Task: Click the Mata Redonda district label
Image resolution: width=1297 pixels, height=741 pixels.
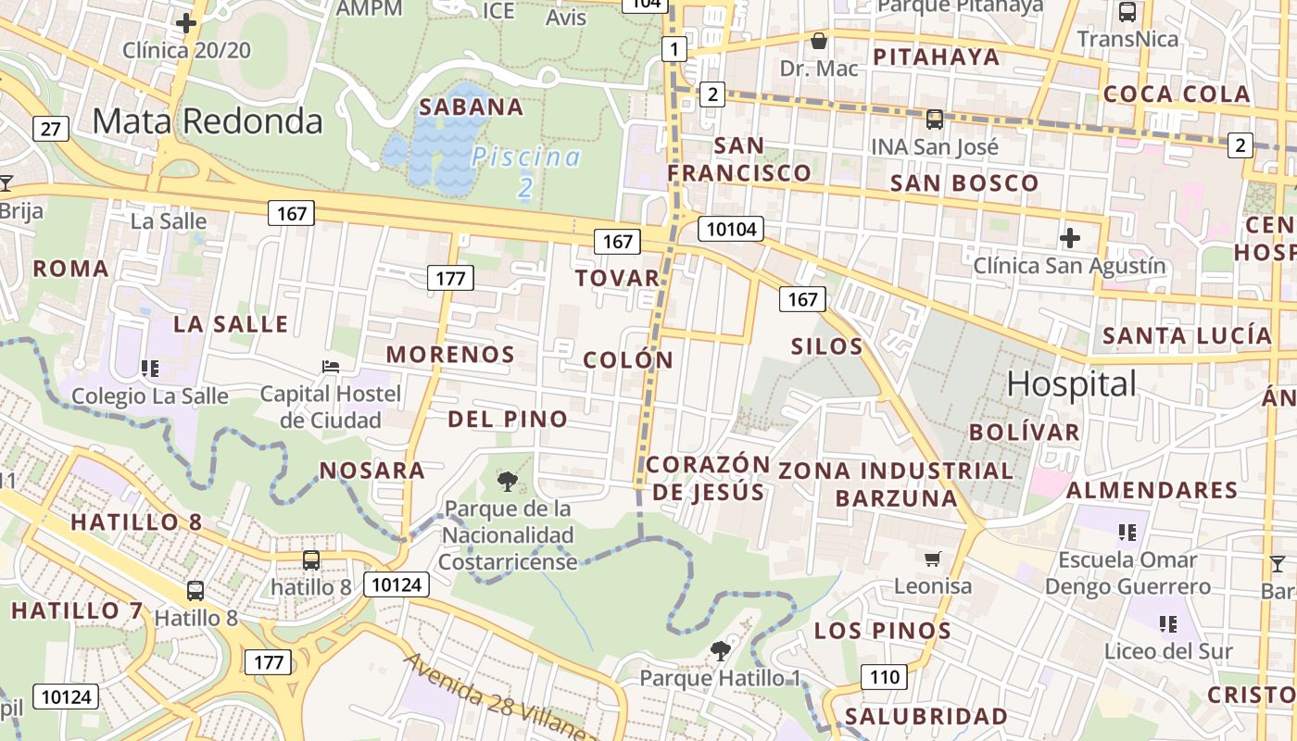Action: (x=208, y=121)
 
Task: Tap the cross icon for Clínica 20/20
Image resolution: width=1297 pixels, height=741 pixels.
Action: (x=187, y=23)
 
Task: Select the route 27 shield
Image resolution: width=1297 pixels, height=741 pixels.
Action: (x=51, y=128)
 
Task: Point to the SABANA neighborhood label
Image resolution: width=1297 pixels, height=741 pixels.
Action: (x=472, y=107)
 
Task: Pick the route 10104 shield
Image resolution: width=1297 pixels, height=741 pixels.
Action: (x=731, y=229)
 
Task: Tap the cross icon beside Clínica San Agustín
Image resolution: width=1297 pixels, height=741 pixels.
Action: (x=1070, y=238)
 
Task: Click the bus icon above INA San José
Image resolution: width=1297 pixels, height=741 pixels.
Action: (x=935, y=119)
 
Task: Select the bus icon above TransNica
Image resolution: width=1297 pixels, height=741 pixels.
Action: (x=1127, y=12)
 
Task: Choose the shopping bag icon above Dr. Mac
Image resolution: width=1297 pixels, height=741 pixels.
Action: (x=819, y=42)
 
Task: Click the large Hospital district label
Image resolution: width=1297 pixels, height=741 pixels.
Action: (x=1072, y=383)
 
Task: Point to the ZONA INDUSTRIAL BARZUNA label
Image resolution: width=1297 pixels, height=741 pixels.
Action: (x=896, y=484)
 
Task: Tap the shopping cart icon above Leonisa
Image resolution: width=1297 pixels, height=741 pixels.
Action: (x=933, y=559)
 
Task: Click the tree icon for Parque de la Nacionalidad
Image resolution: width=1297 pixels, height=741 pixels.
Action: (x=507, y=481)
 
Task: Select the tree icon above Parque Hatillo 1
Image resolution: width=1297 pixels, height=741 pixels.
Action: (x=720, y=651)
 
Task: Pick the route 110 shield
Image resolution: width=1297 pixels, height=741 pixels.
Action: (x=884, y=677)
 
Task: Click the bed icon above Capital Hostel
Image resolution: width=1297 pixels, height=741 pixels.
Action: (x=331, y=367)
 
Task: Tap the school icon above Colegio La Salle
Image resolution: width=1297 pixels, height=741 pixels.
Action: (x=150, y=369)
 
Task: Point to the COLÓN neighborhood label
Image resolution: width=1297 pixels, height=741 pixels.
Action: (x=628, y=360)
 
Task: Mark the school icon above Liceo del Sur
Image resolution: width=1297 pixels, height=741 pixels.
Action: (x=1167, y=623)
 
